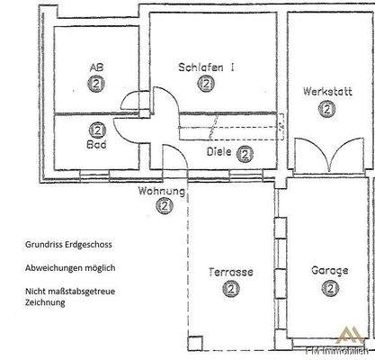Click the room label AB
[96, 67]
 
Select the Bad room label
[96, 144]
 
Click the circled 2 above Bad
[96, 129]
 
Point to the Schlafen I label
[207, 67]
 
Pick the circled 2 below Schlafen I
[207, 83]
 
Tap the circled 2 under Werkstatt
[326, 108]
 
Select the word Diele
[220, 153]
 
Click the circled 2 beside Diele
[246, 153]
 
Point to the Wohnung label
[162, 191]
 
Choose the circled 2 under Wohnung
[163, 206]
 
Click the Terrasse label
[231, 272]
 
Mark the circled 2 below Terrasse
[231, 289]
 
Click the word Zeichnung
[47, 303]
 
